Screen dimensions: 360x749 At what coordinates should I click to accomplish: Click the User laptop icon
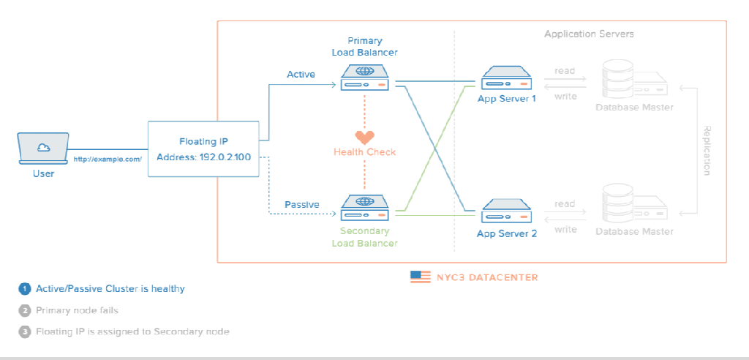point(43,150)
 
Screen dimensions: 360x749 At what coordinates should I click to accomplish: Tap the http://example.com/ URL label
point(107,159)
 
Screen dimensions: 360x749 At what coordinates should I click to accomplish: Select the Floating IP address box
point(204,149)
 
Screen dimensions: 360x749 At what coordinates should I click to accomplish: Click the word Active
point(301,74)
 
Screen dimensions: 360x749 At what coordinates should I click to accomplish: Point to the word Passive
point(301,204)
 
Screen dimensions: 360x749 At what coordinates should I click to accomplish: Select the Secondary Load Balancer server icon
point(364,208)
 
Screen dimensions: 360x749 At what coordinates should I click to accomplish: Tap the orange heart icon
point(364,137)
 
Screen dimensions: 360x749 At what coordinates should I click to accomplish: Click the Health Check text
point(364,152)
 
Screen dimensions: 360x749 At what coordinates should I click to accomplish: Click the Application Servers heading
point(589,34)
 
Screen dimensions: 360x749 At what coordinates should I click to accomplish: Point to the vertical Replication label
point(707,150)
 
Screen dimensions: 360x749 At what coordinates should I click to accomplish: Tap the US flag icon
point(421,277)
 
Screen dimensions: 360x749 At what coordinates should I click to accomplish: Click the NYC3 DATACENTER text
point(486,277)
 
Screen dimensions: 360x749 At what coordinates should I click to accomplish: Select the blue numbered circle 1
point(25,289)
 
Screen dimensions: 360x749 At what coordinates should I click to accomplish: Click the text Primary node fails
point(77,310)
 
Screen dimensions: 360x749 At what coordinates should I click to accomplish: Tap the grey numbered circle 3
point(25,331)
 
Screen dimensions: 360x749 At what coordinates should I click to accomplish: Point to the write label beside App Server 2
point(565,230)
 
